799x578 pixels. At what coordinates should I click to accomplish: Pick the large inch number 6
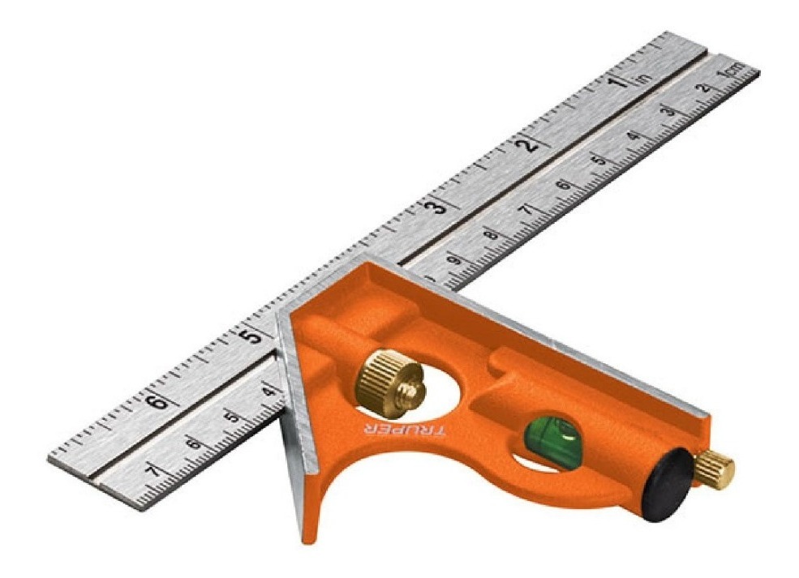tap(160, 399)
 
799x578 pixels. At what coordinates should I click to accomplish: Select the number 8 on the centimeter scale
tap(489, 236)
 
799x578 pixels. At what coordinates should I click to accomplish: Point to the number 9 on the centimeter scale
tap(453, 261)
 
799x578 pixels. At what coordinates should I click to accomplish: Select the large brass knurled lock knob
tap(391, 379)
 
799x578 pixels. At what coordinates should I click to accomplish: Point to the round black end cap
tap(668, 484)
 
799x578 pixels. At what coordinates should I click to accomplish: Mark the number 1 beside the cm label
tap(720, 76)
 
